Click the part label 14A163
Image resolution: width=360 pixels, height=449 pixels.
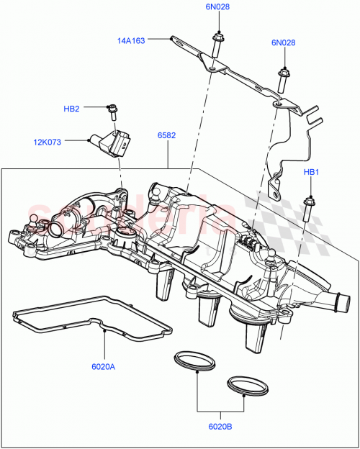[x=132, y=40]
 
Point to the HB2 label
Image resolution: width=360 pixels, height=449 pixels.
[x=71, y=109]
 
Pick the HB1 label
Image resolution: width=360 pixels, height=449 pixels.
[x=310, y=173]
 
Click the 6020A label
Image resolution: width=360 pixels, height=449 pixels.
[x=104, y=368]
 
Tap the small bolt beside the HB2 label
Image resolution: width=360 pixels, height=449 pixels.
[x=113, y=110]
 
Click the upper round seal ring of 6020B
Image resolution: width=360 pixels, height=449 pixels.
[x=194, y=360]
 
